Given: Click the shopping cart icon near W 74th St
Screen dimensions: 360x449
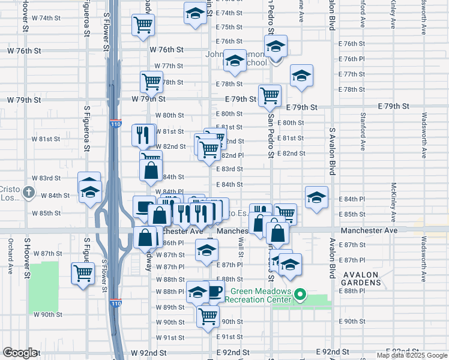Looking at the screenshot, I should pos(143,25).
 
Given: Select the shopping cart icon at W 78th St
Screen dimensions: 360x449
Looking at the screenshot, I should pos(151,82).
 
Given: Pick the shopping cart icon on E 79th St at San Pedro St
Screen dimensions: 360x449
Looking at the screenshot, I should pos(270,95).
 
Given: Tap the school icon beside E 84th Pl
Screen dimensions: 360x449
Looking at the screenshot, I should pos(316,197).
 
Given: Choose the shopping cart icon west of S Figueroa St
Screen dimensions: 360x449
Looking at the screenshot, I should pos(83,274).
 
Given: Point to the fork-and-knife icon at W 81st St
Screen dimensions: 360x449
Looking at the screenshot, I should pos(143,134).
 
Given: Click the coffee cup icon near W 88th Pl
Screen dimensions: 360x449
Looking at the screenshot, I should pos(214,292).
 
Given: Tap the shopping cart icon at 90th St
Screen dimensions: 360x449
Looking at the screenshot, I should pos(208,316).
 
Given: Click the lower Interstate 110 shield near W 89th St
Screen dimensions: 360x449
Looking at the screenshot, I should pos(116,304).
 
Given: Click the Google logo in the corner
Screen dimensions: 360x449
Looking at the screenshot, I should pos(19,353).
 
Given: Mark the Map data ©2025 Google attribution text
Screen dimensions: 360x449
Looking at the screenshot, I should pos(412,355).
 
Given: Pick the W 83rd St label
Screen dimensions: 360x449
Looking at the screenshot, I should pos(47,178).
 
